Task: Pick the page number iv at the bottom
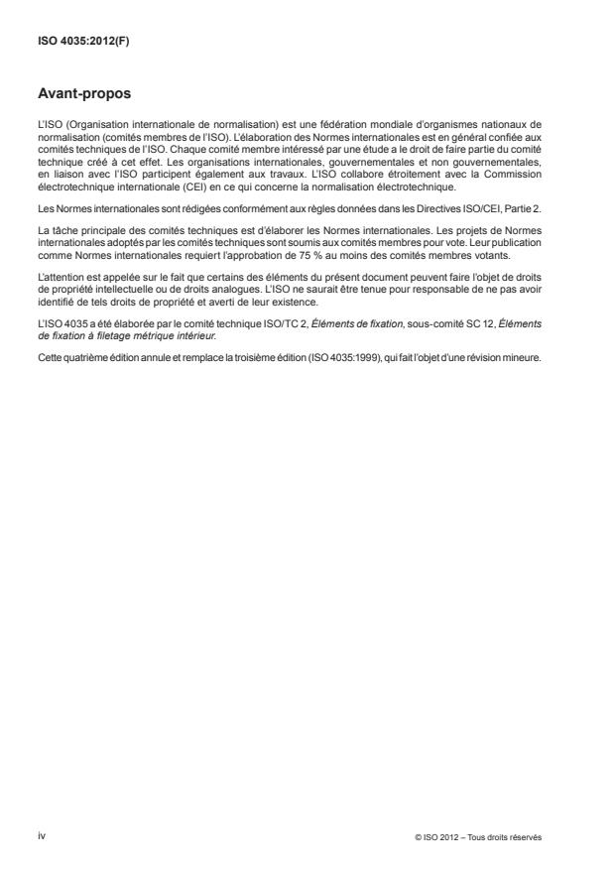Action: (42, 836)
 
